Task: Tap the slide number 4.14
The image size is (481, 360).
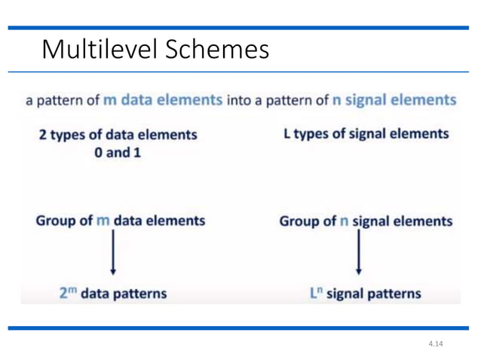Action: (x=435, y=344)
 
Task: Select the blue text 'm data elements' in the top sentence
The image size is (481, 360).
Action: (x=162, y=100)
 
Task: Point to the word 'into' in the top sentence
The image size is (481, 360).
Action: (x=240, y=100)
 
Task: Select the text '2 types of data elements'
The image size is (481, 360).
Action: (x=118, y=135)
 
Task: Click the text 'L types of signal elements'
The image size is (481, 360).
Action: (x=366, y=134)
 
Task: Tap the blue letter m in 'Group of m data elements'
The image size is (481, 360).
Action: (x=104, y=221)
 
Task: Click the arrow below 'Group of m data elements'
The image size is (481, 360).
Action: (x=113, y=253)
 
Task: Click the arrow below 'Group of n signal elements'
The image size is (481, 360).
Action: (x=358, y=253)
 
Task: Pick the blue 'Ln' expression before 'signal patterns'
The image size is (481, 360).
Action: (x=317, y=292)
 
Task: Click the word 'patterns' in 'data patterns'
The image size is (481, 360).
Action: (x=139, y=293)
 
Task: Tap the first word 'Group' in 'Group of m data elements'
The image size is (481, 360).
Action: (x=55, y=221)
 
